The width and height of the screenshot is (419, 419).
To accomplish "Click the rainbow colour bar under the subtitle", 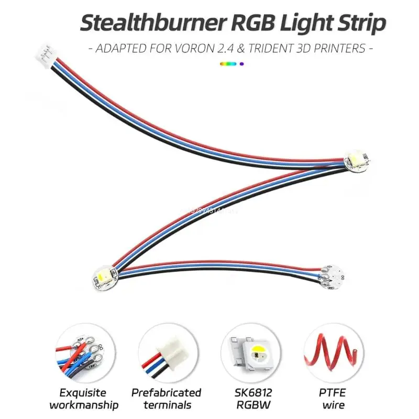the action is (233, 64).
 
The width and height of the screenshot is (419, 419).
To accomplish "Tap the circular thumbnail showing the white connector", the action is (166, 351).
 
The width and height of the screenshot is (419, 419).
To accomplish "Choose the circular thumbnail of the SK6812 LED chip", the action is (249, 351).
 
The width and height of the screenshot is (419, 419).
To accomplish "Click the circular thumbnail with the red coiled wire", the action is (332, 351).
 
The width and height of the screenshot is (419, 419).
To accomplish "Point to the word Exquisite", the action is (82, 392).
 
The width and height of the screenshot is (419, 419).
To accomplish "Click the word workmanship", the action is (82, 405).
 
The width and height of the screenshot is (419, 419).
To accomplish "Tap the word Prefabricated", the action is (166, 392).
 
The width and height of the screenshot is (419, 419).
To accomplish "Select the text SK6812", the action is (249, 392).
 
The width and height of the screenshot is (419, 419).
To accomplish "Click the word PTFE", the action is (333, 392).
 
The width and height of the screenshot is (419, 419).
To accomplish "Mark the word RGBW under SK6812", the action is (249, 405).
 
